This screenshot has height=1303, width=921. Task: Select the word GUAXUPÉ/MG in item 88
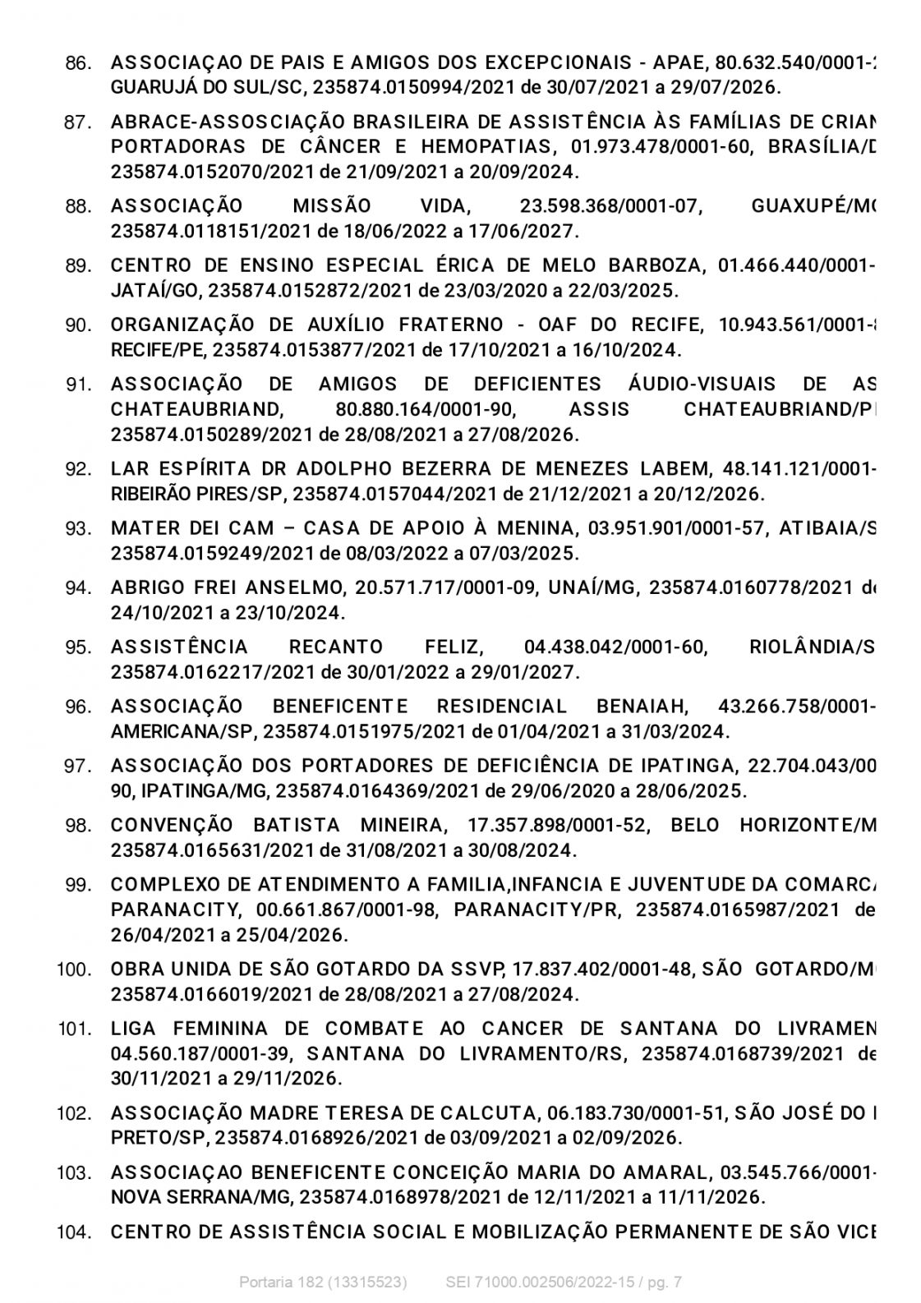pos(813,206)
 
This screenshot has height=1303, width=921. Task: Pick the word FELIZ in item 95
pos(455,647)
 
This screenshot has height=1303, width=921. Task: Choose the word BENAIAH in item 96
pos(643,707)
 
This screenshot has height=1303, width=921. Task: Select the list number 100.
pos(74,970)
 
